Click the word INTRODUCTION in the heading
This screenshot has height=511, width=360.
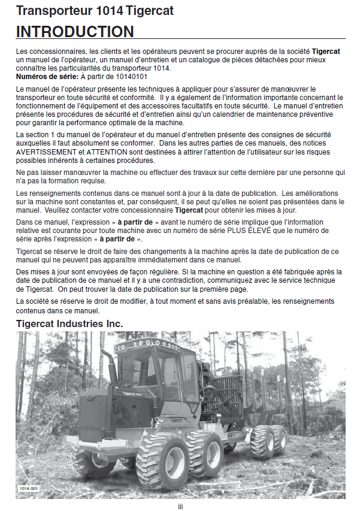[x=75, y=32]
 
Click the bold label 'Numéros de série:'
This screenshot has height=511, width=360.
[x=46, y=76]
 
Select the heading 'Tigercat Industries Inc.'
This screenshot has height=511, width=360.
[x=69, y=323]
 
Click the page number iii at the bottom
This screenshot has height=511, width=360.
[x=180, y=506]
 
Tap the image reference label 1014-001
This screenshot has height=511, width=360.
[x=28, y=489]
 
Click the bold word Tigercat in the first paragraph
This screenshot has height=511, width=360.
[x=326, y=52]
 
